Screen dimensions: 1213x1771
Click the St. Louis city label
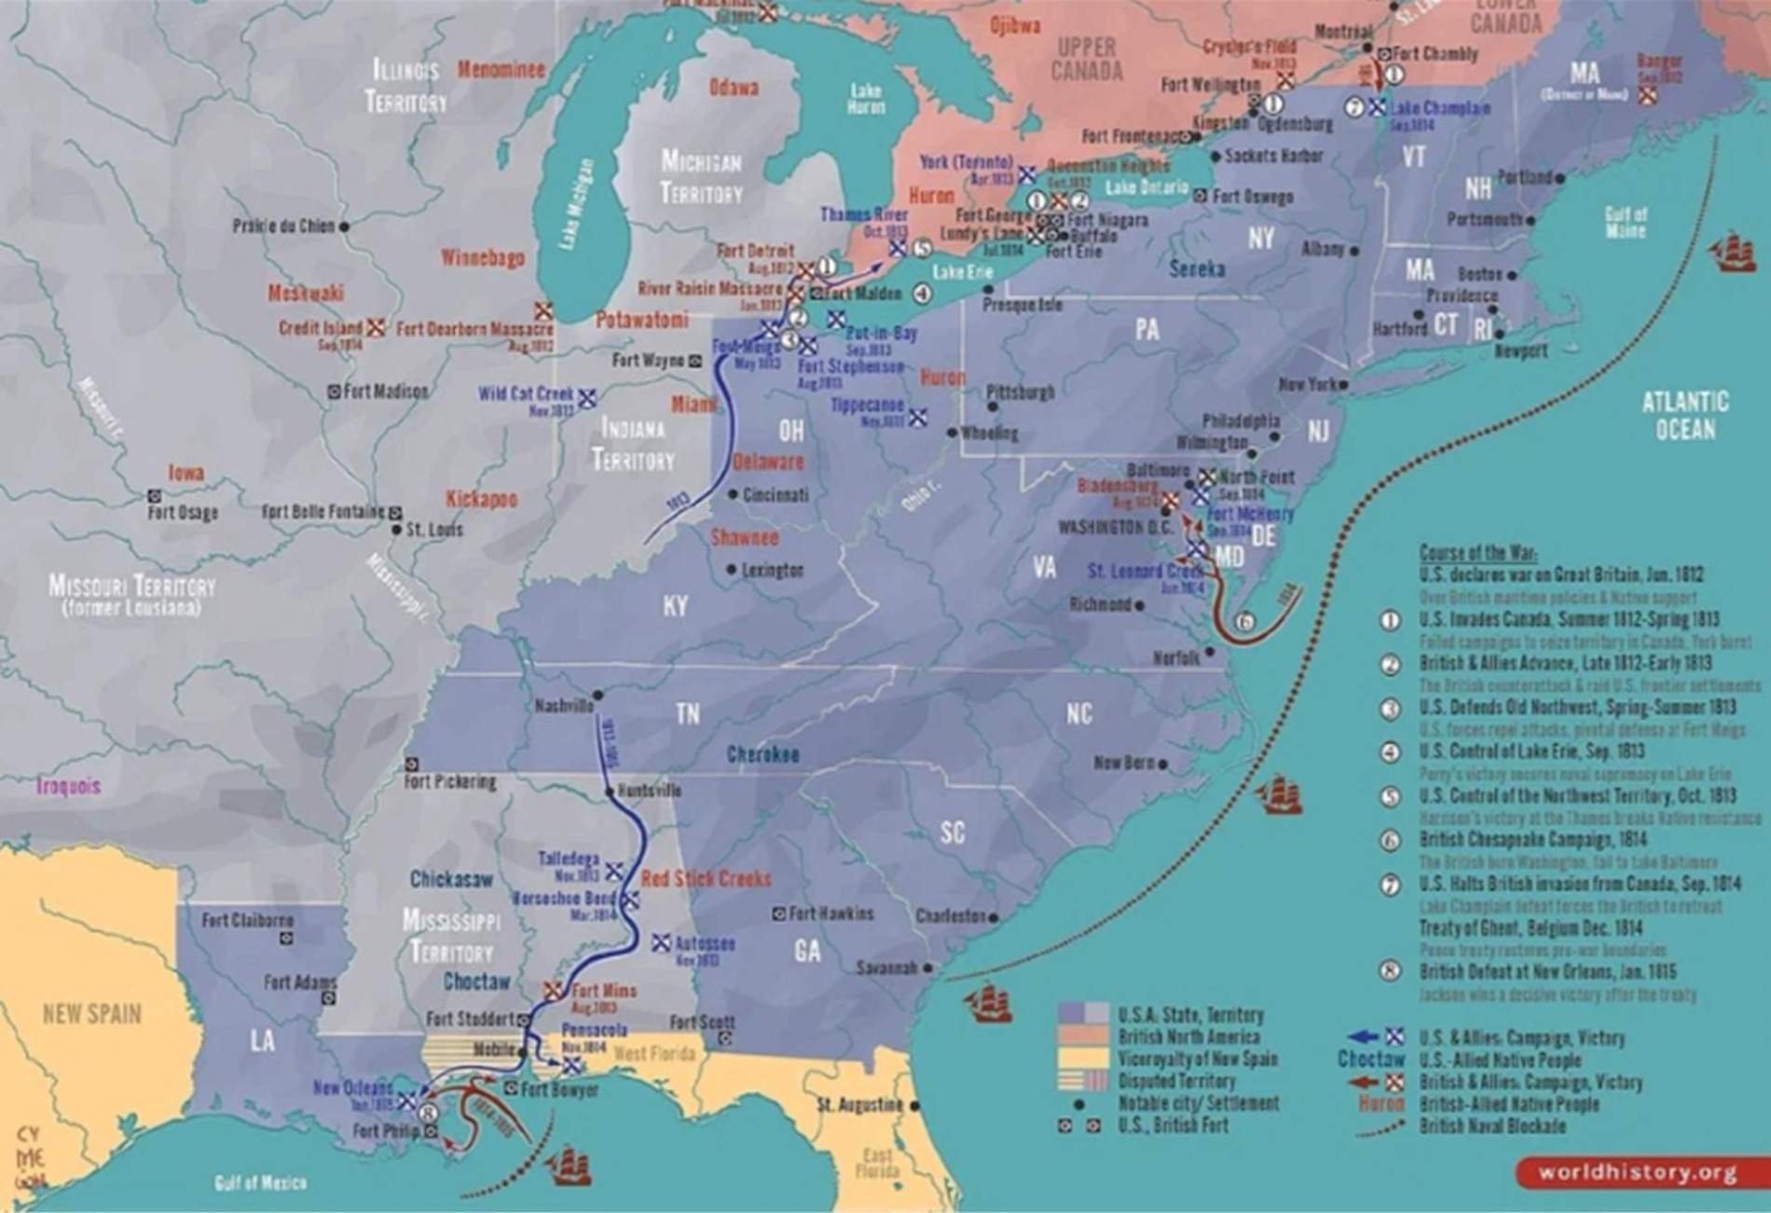[x=434, y=530]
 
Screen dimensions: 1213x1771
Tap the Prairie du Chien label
[x=283, y=227]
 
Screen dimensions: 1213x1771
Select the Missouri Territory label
[x=131, y=594]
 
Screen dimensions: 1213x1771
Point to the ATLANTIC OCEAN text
[x=1684, y=415]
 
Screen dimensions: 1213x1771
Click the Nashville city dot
[x=597, y=695]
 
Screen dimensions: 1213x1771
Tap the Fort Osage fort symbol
[x=154, y=496]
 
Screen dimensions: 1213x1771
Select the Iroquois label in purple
[x=69, y=786]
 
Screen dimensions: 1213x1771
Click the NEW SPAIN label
[x=92, y=1013]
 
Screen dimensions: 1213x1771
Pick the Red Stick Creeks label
[x=707, y=878]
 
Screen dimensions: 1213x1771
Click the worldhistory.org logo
[x=1637, y=1172]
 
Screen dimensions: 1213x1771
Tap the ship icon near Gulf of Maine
[x=1733, y=252]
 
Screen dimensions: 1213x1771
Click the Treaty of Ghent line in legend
[x=1531, y=928]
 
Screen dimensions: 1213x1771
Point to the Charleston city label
[x=951, y=917]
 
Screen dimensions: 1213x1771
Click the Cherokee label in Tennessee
[x=762, y=754]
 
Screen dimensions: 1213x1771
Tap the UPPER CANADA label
[x=1087, y=60]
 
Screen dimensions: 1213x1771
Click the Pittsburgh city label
[x=1021, y=393]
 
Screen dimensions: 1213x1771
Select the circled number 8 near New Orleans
[x=428, y=1112]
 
